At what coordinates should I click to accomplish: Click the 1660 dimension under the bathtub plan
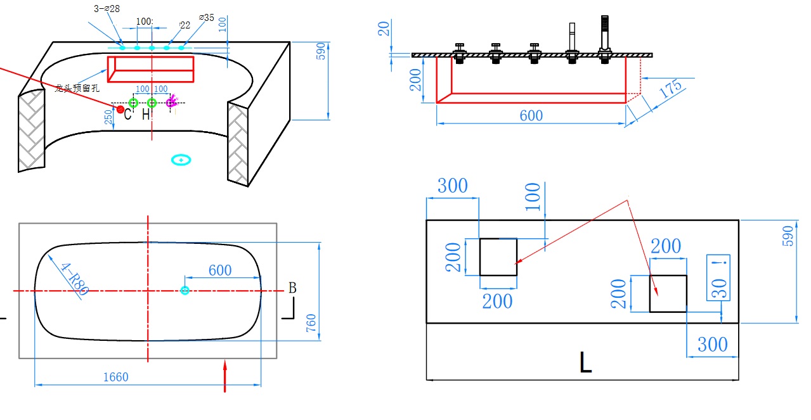(115, 378)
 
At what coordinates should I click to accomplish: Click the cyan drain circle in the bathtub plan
(185, 290)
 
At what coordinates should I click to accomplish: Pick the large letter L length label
(585, 362)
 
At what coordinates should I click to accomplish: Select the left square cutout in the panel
(498, 257)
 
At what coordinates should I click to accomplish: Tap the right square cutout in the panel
(668, 293)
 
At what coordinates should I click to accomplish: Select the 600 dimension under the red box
(531, 115)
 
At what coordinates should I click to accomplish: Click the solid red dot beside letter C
(120, 110)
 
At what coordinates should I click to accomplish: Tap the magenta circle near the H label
(171, 103)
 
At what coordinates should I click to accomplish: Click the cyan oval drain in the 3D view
(181, 160)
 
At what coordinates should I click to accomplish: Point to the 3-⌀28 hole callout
(106, 9)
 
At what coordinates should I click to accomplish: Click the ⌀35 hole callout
(207, 18)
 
